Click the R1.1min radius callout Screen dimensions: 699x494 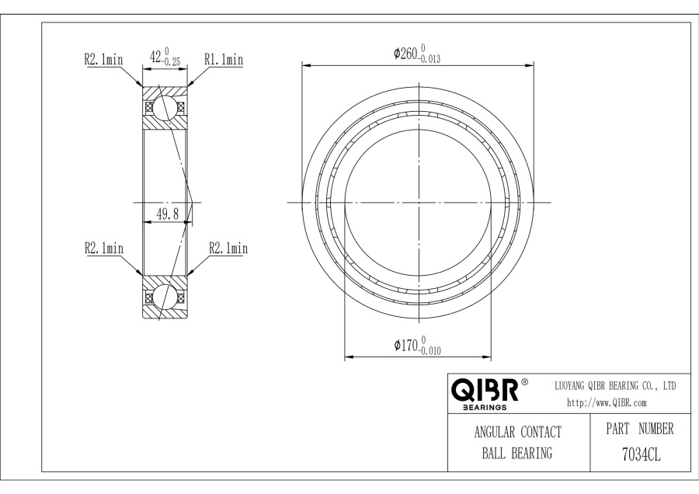(x=224, y=59)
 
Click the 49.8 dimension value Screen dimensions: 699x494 (x=168, y=214)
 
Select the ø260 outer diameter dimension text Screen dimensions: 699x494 (x=417, y=54)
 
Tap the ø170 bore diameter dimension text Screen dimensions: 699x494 (x=417, y=346)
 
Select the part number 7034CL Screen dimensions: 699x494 (x=642, y=454)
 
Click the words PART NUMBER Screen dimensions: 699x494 (x=640, y=429)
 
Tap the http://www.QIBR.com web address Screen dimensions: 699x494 (x=607, y=403)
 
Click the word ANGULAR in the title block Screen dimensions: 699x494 (x=494, y=432)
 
